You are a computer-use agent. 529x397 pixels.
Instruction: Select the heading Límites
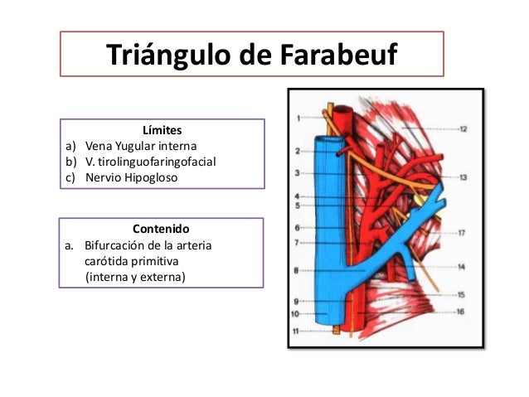[162, 131]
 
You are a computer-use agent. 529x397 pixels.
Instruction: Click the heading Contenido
[161, 228]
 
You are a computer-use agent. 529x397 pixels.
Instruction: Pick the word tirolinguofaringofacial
[157, 162]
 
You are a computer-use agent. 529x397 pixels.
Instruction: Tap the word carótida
[107, 260]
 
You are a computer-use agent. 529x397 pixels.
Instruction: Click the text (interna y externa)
[136, 276]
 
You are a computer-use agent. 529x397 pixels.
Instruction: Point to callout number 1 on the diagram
[298, 119]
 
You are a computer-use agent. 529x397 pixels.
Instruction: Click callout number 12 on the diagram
[463, 129]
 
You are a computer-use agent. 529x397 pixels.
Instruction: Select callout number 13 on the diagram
[463, 177]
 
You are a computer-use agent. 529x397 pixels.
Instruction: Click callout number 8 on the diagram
[297, 269]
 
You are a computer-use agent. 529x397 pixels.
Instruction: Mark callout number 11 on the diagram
[295, 332]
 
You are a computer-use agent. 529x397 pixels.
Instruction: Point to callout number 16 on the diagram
[461, 312]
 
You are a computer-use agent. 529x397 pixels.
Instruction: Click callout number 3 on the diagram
[297, 173]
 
